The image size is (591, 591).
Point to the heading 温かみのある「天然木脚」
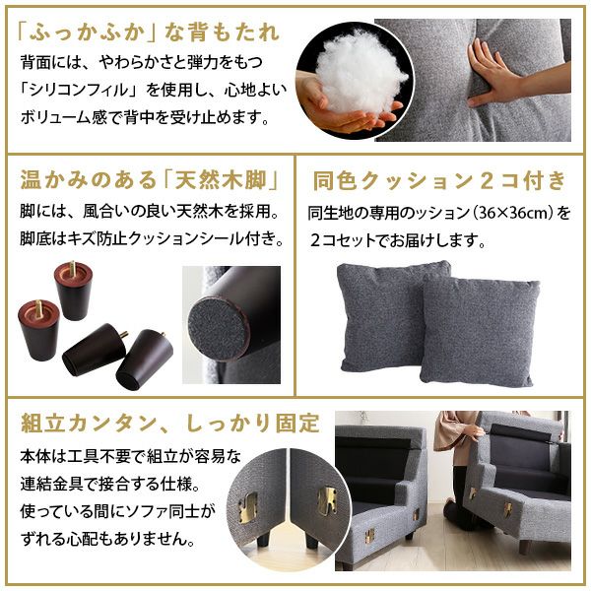146,181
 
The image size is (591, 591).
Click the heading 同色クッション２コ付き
439,181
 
